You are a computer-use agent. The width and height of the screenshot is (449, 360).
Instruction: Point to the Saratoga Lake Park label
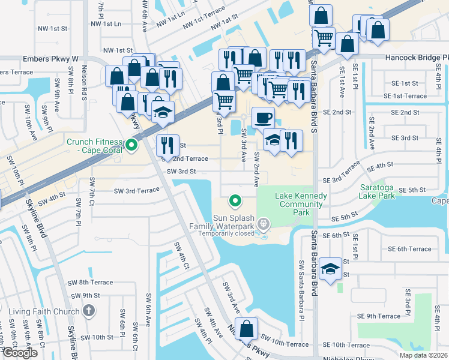point(377,191)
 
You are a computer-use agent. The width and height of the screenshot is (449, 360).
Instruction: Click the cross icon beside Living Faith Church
point(89,311)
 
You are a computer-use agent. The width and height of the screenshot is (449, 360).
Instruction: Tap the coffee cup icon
point(263,117)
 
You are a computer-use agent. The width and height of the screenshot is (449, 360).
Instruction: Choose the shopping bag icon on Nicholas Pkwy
point(246,329)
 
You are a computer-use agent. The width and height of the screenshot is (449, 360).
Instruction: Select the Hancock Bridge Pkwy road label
point(412,58)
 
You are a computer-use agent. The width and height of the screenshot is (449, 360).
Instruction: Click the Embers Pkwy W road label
point(52,59)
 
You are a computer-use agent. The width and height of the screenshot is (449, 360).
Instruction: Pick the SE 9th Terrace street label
point(380,316)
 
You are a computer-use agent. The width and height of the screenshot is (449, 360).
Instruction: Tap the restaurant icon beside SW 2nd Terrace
point(167,145)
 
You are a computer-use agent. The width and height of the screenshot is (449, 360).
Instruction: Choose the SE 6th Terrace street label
point(409,249)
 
